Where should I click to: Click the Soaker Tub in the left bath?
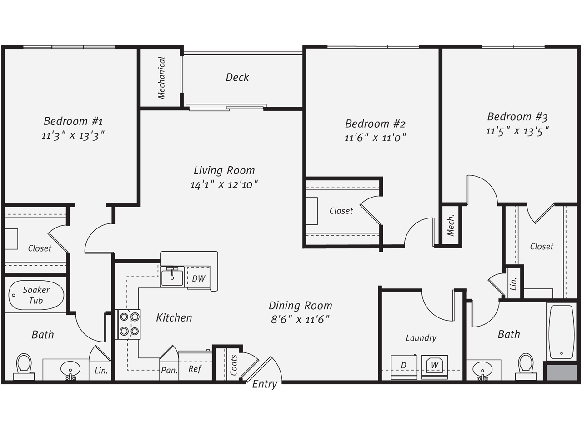pyautogui.click(x=36, y=295)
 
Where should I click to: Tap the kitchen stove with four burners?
pyautogui.click(x=128, y=324)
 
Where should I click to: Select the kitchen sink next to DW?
pyautogui.click(x=172, y=277)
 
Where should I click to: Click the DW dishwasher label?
pyautogui.click(x=199, y=278)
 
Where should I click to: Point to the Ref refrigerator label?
pyautogui.click(x=195, y=369)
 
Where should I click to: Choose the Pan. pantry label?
pyautogui.click(x=169, y=370)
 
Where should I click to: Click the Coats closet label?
pyautogui.click(x=233, y=365)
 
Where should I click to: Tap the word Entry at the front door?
pyautogui.click(x=264, y=384)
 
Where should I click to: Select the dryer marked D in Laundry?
pyautogui.click(x=404, y=367)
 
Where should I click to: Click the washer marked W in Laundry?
pyautogui.click(x=435, y=367)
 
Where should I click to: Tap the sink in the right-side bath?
pyautogui.click(x=482, y=370)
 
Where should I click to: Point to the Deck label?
pyautogui.click(x=237, y=77)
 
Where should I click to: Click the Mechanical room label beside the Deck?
pyautogui.click(x=161, y=78)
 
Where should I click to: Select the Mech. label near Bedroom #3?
pyautogui.click(x=451, y=225)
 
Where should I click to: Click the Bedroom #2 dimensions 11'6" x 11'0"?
pyautogui.click(x=375, y=138)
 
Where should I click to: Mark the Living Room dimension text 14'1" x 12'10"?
pyautogui.click(x=224, y=184)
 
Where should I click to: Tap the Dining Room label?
pyautogui.click(x=301, y=306)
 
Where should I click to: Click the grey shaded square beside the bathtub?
pyautogui.click(x=562, y=372)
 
